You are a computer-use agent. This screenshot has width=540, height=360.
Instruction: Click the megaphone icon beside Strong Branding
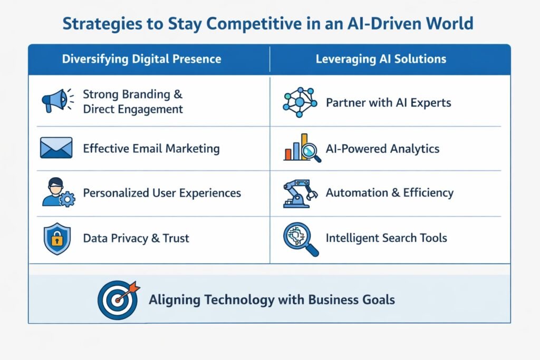pos(55,101)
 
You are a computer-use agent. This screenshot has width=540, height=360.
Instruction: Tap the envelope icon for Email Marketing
pos(56,148)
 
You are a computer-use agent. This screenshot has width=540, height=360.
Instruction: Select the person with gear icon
pos(58,192)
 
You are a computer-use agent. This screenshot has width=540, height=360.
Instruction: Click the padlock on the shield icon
pos(57,239)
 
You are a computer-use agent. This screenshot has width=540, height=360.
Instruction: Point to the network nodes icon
pos(300,102)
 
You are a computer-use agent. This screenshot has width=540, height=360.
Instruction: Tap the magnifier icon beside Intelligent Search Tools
pos(301,239)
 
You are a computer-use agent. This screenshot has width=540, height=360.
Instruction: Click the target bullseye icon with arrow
pos(119,299)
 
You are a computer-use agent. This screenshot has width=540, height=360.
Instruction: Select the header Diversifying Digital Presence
pos(141,59)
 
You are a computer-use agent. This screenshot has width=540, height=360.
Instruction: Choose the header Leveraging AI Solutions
pos(381,59)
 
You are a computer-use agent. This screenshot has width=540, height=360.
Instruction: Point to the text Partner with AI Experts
pos(389,103)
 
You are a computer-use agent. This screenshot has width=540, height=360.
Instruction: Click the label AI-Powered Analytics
pos(383,149)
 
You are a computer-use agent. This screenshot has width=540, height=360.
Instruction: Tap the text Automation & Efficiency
pos(390,193)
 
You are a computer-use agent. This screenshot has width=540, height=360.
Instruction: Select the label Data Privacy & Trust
pos(136,238)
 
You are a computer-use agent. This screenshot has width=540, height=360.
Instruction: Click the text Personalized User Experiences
pos(162,193)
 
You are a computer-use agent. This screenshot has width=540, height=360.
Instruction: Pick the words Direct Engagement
pos(133,109)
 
